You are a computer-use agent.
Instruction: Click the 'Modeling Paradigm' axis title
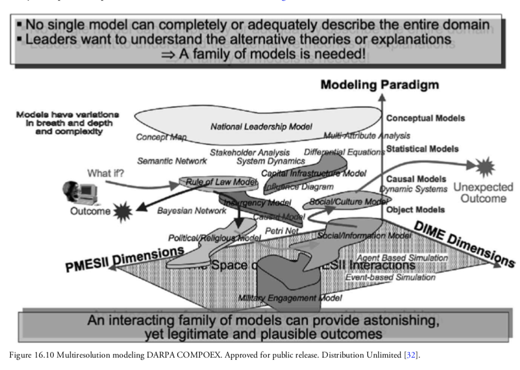click(x=380, y=85)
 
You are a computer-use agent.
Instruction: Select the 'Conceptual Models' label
click(x=426, y=118)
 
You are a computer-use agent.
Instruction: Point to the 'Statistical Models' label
click(x=422, y=149)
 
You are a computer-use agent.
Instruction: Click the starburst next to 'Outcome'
click(x=121, y=212)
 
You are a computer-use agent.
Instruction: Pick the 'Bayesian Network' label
click(x=191, y=211)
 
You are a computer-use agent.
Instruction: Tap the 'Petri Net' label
click(x=282, y=230)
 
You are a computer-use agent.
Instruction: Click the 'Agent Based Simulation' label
click(x=403, y=258)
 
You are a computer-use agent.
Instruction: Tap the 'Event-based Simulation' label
click(x=390, y=277)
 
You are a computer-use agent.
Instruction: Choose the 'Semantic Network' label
click(x=172, y=161)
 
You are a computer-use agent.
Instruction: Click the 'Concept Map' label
click(x=162, y=137)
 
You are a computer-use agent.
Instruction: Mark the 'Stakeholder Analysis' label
click(x=250, y=152)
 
